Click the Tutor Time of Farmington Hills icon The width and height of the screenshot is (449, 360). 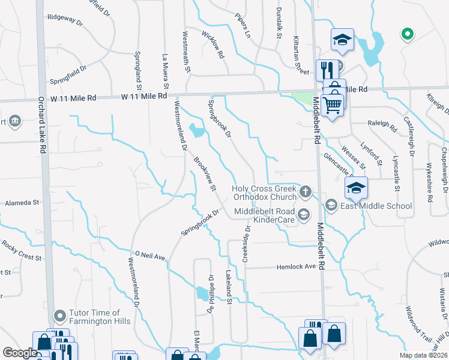point(59,316)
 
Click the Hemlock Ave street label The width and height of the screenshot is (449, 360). point(296,266)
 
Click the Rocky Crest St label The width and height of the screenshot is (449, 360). point(21,250)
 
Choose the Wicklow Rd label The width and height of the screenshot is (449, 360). point(213,45)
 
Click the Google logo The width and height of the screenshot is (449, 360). point(20,353)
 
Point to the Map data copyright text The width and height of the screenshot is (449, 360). point(423,355)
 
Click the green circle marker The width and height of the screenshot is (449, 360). point(407,34)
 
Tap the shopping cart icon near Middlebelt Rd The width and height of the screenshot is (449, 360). point(332,106)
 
